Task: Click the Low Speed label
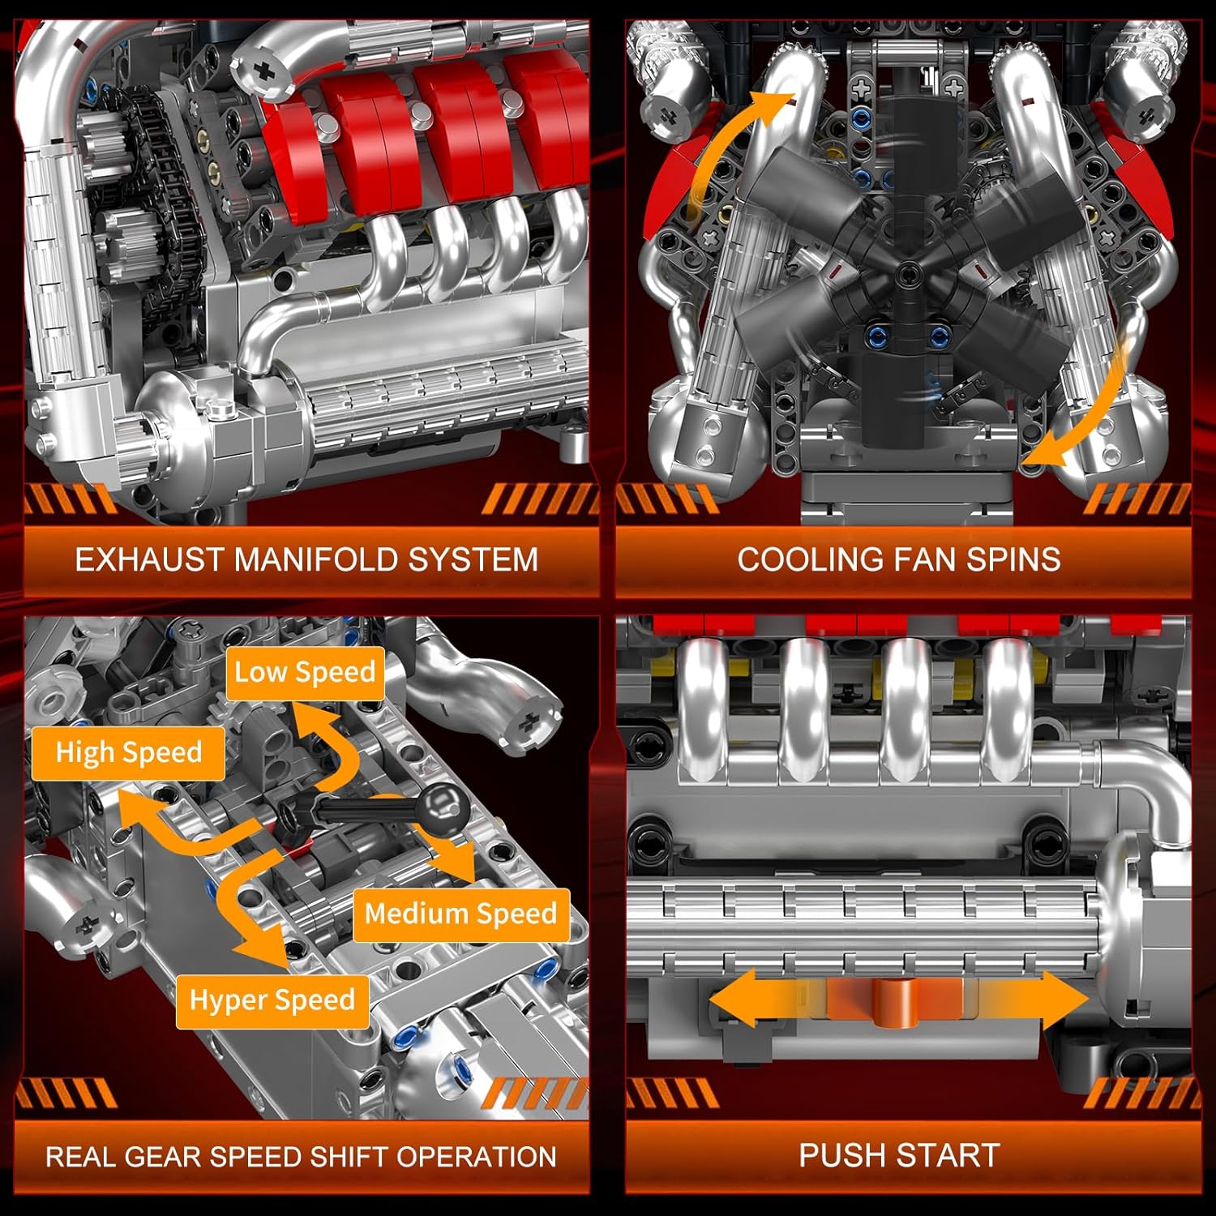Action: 305,673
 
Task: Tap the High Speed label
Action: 128,753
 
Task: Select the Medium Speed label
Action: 460,914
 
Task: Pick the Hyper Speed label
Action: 272,1000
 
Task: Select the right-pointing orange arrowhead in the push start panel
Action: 1064,999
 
